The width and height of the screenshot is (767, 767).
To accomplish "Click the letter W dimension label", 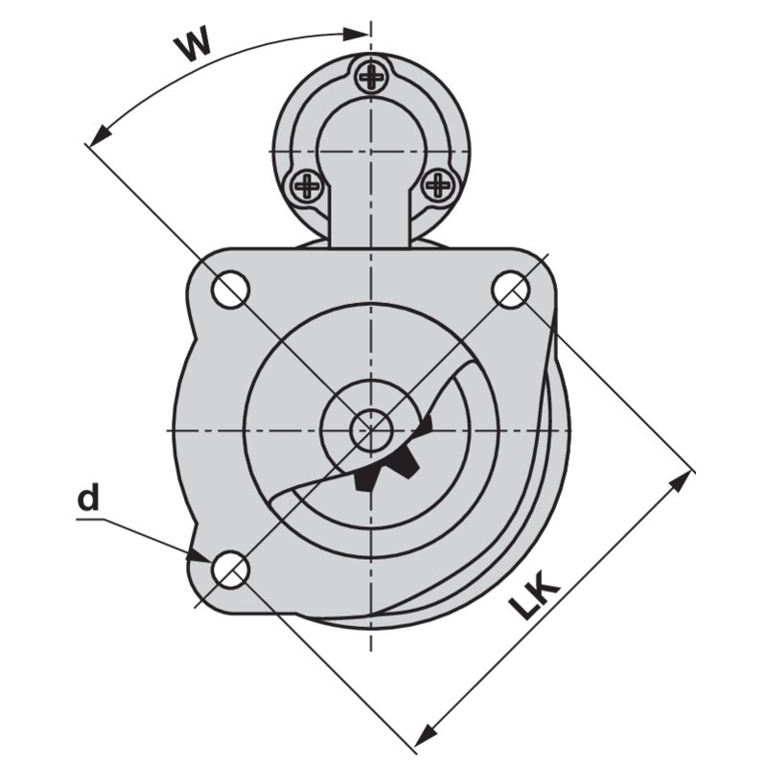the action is click(x=194, y=44).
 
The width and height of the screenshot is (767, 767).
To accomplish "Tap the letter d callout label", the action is click(x=88, y=497).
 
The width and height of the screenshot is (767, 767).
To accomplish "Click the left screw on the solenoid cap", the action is click(x=308, y=185).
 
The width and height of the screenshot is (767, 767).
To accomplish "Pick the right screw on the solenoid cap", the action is click(x=437, y=184).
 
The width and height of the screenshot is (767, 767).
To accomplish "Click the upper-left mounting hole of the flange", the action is click(x=230, y=290).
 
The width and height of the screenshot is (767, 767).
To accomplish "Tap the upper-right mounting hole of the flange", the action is click(x=510, y=290).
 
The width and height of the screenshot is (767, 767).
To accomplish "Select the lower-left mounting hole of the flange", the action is click(x=230, y=569).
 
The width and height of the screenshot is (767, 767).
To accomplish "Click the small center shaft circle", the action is click(x=371, y=430).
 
